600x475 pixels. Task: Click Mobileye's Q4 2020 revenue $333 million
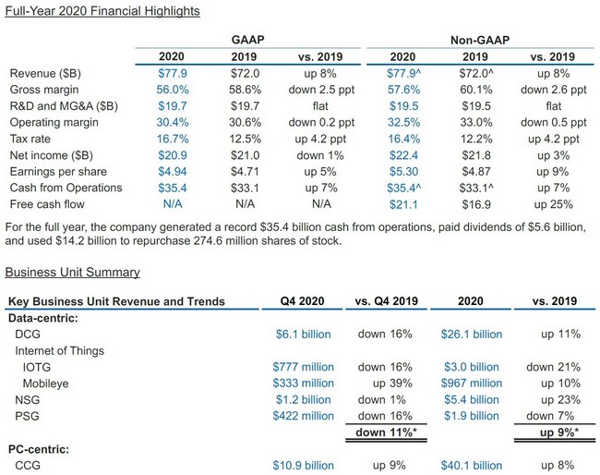point(303,383)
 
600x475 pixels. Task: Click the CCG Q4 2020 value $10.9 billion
point(303,465)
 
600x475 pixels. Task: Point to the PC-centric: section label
point(42,449)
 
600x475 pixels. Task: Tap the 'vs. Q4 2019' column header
point(387,300)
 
